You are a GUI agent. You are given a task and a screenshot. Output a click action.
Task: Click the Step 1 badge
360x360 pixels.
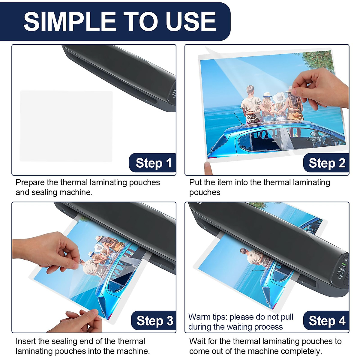click(153, 163)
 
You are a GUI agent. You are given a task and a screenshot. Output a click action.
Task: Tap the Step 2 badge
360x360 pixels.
click(326, 163)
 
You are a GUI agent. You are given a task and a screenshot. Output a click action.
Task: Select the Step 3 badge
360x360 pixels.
click(154, 321)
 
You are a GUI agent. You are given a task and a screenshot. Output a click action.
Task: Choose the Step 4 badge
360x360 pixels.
click(326, 321)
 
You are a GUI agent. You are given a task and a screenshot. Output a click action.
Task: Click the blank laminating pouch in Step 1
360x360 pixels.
click(66, 126)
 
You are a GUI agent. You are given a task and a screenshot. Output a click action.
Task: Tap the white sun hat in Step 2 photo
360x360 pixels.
click(279, 97)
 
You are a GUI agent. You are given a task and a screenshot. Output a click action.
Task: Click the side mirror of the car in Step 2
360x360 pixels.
click(312, 134)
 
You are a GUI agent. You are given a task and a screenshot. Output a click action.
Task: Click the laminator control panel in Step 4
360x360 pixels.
click(342, 270)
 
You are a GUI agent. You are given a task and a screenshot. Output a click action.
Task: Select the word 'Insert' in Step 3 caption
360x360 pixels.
click(27, 341)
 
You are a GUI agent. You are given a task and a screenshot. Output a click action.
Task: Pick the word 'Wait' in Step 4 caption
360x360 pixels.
click(197, 341)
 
